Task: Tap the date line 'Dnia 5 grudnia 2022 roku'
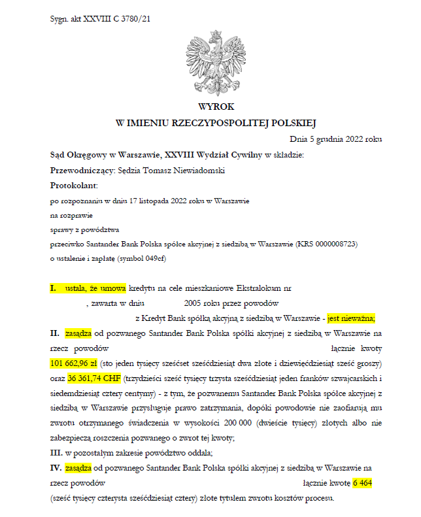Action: tap(336, 139)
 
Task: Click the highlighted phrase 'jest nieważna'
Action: tap(351, 318)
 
